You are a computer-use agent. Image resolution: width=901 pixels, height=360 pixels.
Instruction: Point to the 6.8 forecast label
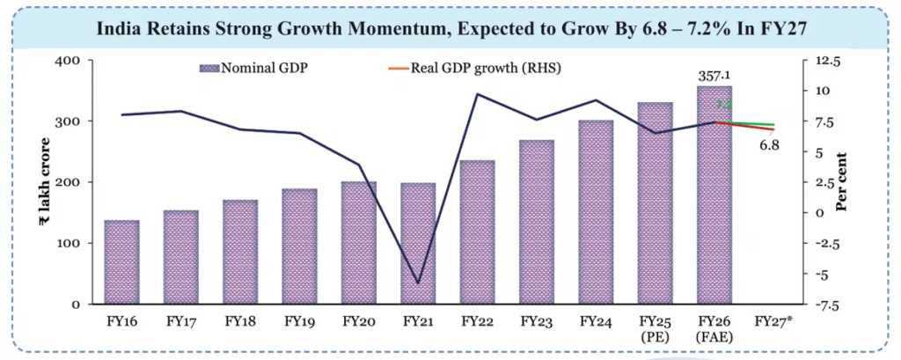[x=770, y=144]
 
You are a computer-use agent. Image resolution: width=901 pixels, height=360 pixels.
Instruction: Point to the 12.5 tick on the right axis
[x=828, y=61]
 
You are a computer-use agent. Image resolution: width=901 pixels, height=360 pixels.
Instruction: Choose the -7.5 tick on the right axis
[x=828, y=305]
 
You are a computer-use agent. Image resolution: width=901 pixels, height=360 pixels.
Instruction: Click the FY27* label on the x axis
[x=773, y=321]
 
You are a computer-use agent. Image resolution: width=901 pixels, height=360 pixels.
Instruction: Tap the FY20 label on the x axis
[x=358, y=321]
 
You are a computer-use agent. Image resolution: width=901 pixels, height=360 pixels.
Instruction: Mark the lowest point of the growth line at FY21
[x=418, y=283]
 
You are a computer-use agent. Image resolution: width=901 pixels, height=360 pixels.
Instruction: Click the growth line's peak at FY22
[x=477, y=94]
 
